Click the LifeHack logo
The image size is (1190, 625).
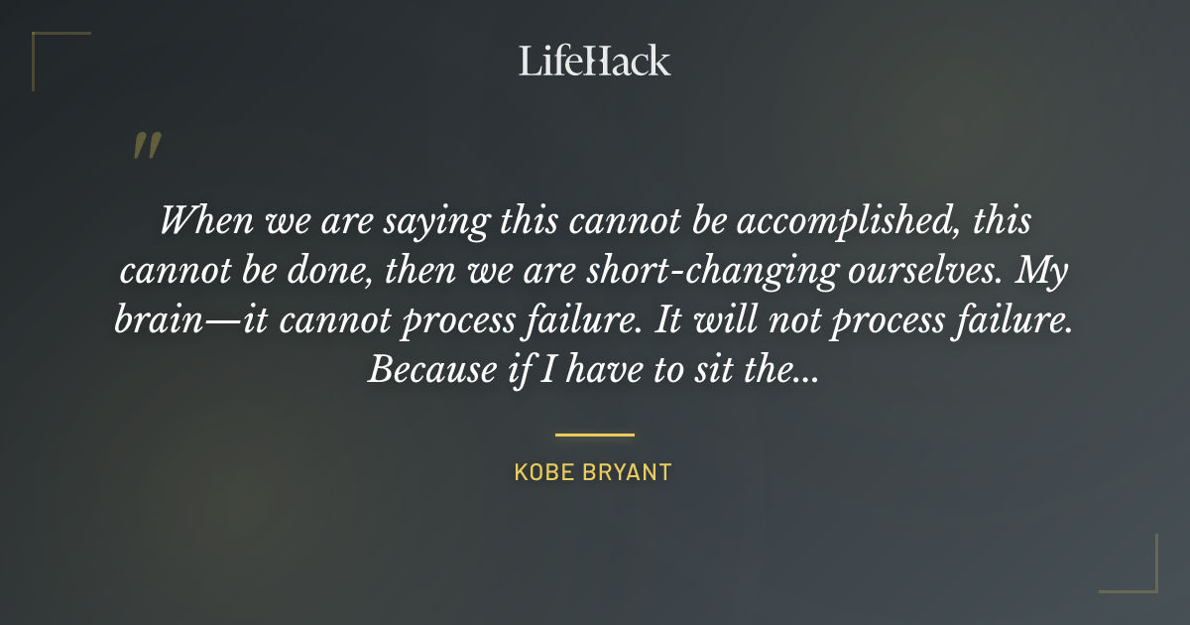click(x=595, y=61)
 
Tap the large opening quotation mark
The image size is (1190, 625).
click(x=147, y=145)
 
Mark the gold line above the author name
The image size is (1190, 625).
click(x=595, y=435)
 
